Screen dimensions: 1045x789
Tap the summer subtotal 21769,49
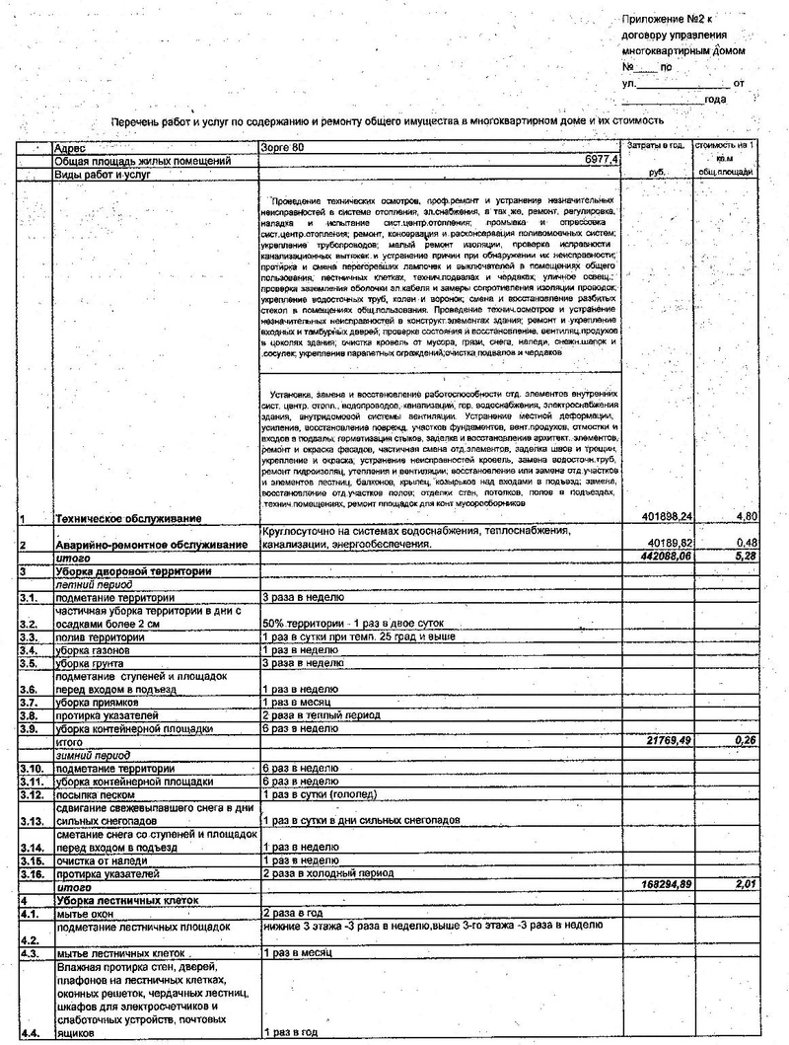(664, 740)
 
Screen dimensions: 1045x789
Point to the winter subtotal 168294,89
(661, 885)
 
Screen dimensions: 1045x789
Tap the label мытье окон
(88, 914)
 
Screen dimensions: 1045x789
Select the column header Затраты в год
(656, 146)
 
